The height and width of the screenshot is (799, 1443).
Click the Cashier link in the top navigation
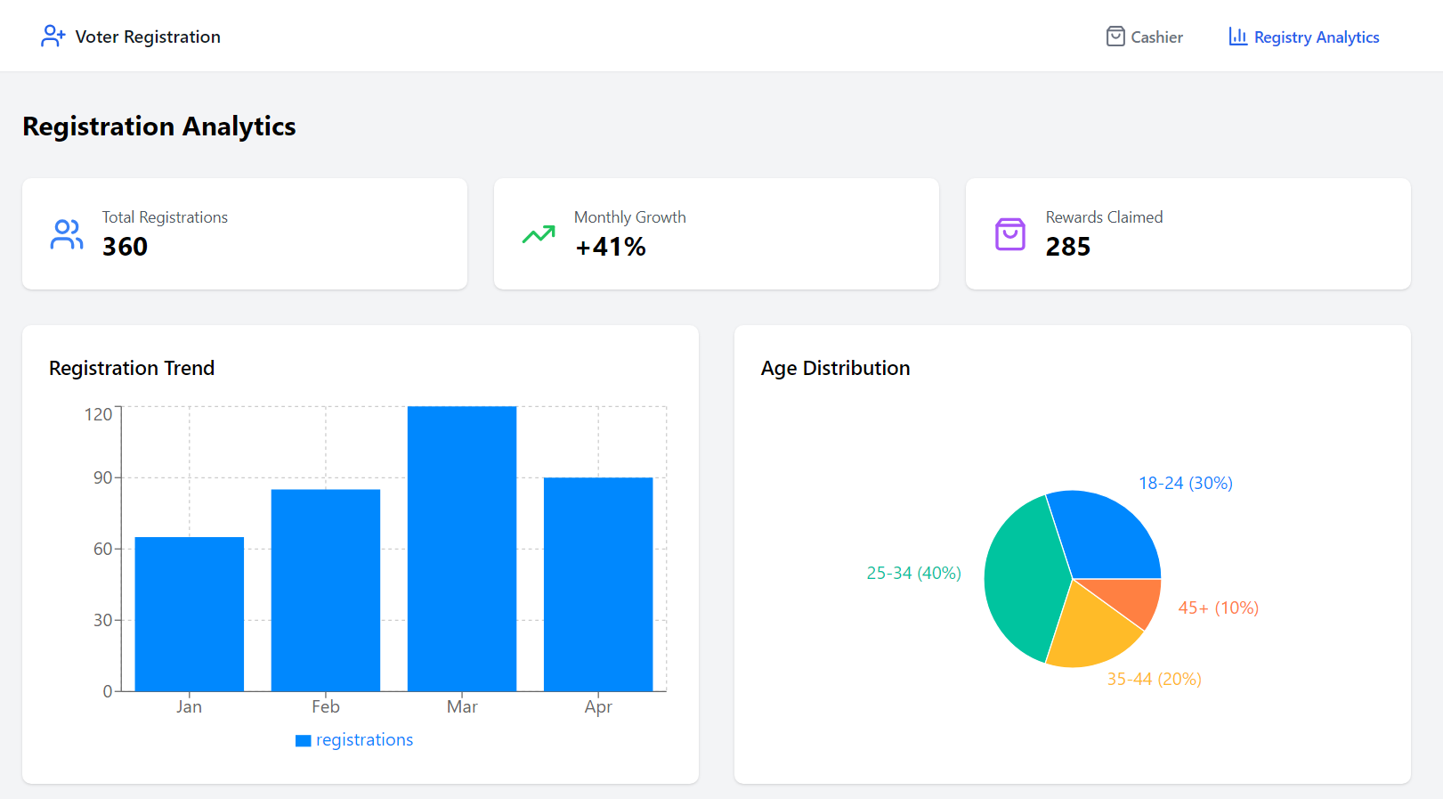[1145, 37]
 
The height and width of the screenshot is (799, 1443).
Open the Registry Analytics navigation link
[1304, 37]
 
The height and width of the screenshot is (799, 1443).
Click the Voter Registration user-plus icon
[53, 36]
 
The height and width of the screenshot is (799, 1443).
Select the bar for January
[189, 614]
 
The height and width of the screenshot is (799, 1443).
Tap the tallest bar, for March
[461, 548]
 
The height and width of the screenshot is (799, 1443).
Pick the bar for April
[597, 583]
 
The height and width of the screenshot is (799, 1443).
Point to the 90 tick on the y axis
[103, 477]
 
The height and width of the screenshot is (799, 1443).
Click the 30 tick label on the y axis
[103, 620]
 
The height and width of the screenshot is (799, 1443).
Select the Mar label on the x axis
[462, 706]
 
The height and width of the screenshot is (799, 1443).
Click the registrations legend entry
[354, 740]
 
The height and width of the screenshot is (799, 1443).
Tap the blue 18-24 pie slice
[1108, 534]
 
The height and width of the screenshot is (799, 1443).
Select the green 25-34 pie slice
[1024, 579]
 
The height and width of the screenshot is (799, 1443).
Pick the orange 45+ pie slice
[1135, 599]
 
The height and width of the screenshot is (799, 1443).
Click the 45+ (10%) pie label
[1218, 607]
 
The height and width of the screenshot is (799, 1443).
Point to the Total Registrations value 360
[125, 247]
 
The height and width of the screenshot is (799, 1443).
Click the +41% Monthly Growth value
[611, 247]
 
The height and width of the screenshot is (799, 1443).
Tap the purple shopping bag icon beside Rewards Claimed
[1009, 234]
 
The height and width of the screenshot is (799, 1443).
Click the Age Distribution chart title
[835, 368]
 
